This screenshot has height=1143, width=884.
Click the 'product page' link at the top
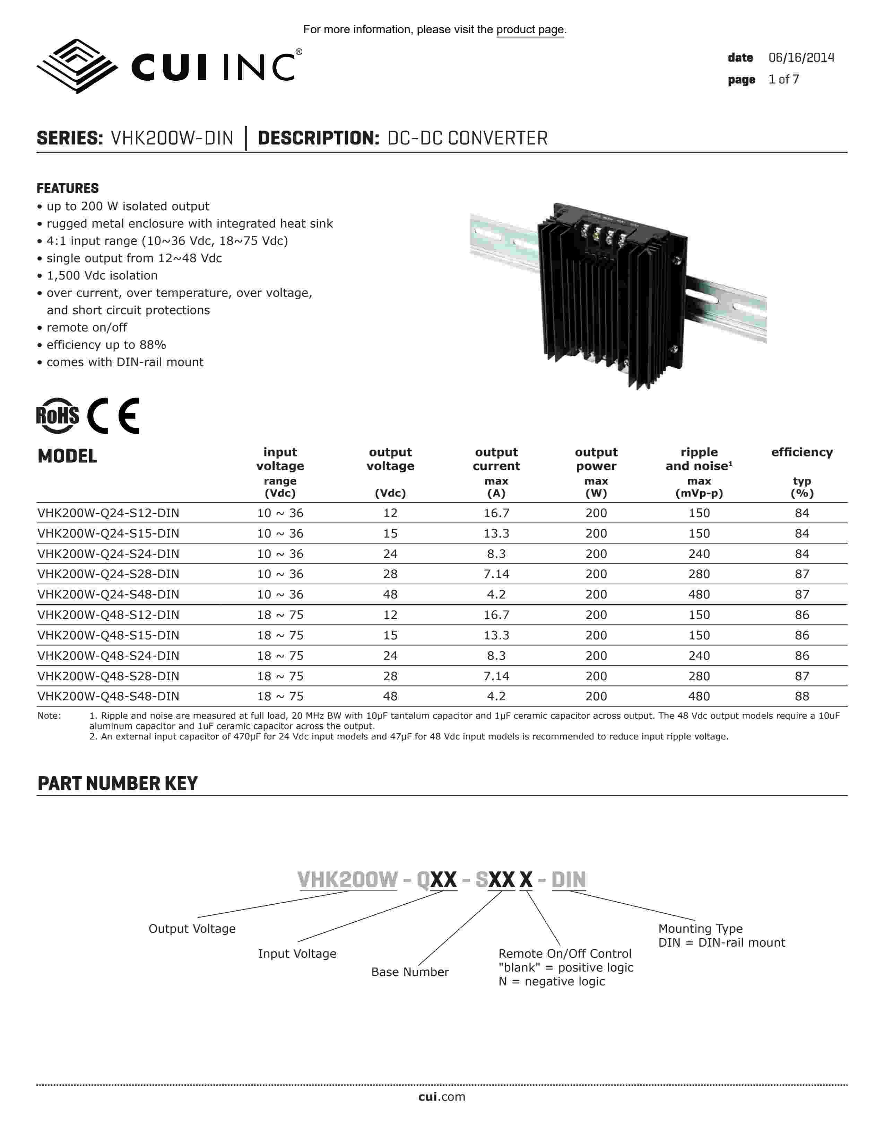click(x=530, y=30)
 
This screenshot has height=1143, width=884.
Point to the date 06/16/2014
click(x=801, y=57)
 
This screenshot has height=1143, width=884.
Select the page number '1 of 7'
click(x=783, y=80)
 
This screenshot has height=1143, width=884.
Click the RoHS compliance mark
click(x=58, y=416)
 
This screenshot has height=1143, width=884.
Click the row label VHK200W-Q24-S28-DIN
click(x=109, y=574)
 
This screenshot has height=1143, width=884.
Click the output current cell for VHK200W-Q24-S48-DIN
click(x=496, y=594)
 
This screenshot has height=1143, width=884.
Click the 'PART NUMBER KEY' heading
click(x=118, y=783)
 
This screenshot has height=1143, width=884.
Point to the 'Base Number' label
click(x=410, y=972)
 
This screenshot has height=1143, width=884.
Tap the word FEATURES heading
click(x=68, y=188)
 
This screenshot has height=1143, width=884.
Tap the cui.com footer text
click(x=441, y=1097)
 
